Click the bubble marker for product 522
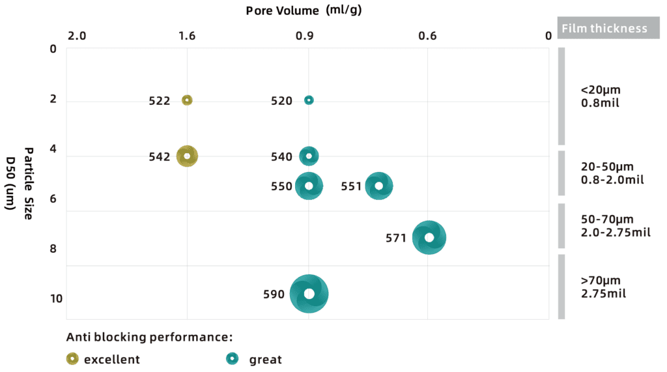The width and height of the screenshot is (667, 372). coord(187,100)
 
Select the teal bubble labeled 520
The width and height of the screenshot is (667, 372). coord(309,100)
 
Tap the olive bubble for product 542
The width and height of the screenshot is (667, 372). coord(187,156)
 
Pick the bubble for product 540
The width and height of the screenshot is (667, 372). coord(309,156)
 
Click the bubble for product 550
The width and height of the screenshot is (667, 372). coord(309,186)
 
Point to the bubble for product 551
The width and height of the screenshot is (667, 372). coord(379,186)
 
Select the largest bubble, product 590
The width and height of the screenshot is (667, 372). coord(309,294)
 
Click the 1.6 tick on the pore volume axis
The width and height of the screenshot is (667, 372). coord(187,35)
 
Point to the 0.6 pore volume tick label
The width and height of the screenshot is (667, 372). coord(428,35)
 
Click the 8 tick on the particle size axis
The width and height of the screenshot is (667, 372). coord(53,249)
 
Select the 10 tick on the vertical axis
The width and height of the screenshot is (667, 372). coord(56,299)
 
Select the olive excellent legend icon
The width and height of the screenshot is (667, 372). coord(72,359)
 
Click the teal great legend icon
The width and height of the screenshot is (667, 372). coord(231,359)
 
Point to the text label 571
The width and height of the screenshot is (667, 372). coord(396,238)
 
